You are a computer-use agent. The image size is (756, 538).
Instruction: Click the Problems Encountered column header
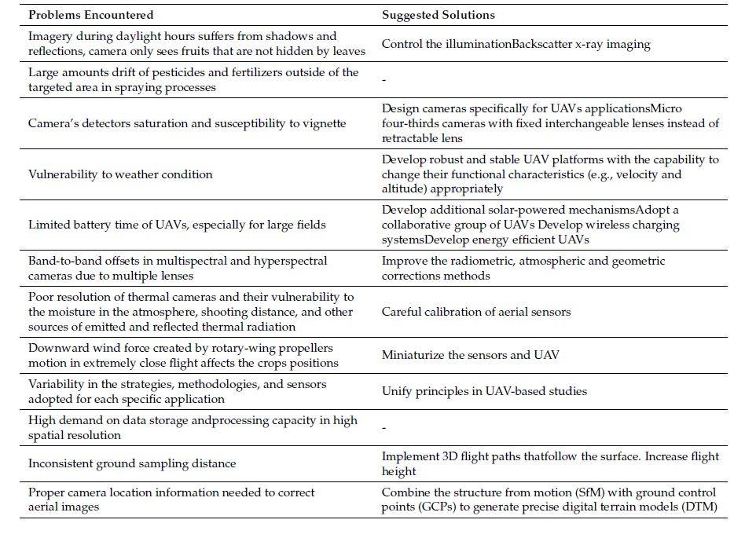click(x=90, y=15)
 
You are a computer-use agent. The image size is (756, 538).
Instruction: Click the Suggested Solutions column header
click(x=438, y=15)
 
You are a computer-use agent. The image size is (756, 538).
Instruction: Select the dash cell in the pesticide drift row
click(x=384, y=79)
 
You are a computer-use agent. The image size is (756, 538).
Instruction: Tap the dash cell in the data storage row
click(x=384, y=428)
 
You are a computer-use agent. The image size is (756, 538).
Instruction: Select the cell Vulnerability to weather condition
click(x=120, y=174)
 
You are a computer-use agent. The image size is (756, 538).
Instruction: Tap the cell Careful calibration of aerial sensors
click(x=476, y=312)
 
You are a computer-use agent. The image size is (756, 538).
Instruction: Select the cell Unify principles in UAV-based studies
click(x=484, y=391)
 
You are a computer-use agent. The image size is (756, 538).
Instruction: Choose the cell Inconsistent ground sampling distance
click(x=132, y=463)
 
